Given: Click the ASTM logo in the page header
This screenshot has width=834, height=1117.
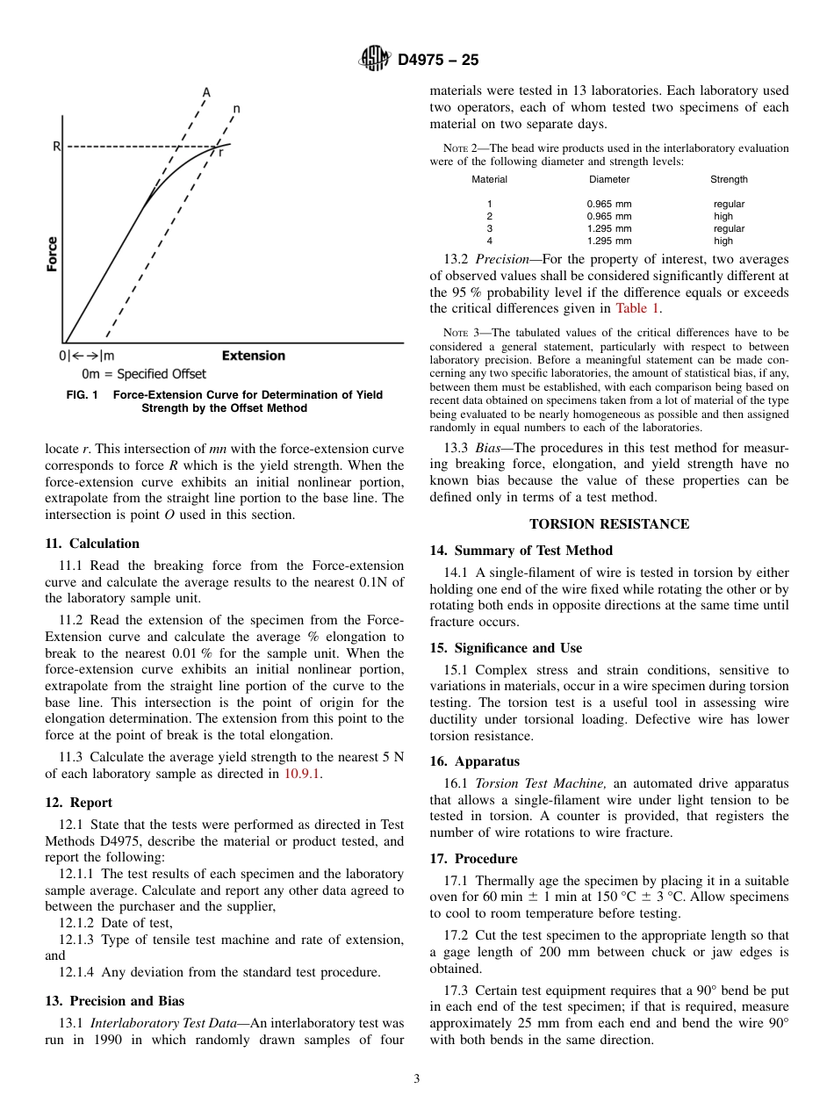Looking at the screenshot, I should pyautogui.click(x=375, y=60).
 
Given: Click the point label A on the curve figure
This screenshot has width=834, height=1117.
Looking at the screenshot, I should pyautogui.click(x=206, y=91).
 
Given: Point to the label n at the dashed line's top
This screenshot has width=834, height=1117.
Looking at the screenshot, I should pyautogui.click(x=236, y=109).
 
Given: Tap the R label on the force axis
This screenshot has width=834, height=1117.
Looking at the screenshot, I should pyautogui.click(x=56, y=147).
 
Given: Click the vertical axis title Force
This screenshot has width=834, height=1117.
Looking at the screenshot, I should pyautogui.click(x=53, y=254).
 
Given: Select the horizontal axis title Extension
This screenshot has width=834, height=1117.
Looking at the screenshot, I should pyautogui.click(x=253, y=356).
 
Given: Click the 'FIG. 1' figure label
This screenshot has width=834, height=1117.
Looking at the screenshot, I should pyautogui.click(x=82, y=395).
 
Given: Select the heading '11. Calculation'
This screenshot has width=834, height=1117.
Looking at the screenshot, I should pyautogui.click(x=92, y=544).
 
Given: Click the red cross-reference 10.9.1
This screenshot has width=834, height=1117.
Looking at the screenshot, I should pyautogui.click(x=302, y=774).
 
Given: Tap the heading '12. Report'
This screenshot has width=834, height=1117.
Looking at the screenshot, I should pyautogui.click(x=79, y=803).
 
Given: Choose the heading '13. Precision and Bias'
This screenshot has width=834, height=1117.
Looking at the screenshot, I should pyautogui.click(x=114, y=1001).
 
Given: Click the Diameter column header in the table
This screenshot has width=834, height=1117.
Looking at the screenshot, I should pyautogui.click(x=609, y=179).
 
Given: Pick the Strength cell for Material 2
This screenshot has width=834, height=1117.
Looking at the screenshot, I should pyautogui.click(x=723, y=216).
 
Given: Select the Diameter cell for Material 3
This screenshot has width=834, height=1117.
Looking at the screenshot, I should pyautogui.click(x=609, y=228).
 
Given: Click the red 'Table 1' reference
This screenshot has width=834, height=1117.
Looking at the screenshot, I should pyautogui.click(x=637, y=308).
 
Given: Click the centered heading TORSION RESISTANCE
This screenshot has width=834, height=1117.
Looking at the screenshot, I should pyautogui.click(x=609, y=524).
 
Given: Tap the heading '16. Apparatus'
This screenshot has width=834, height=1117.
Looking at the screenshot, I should pyautogui.click(x=475, y=761).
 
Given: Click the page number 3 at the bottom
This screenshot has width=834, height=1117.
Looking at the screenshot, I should pyautogui.click(x=417, y=1079).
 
